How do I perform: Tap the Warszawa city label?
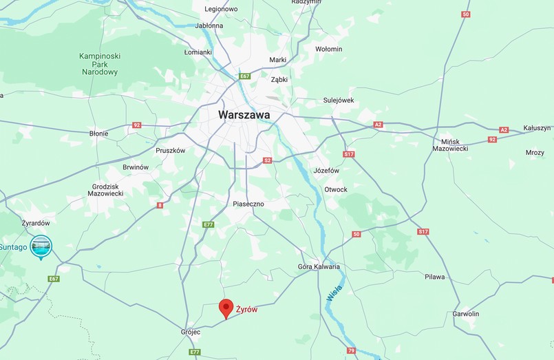[244, 115]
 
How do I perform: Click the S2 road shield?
[268, 160]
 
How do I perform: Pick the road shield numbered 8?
[160, 204]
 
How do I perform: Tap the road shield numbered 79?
[351, 351]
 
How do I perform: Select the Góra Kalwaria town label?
[319, 266]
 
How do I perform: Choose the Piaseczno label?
[248, 204]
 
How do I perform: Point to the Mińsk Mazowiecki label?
[450, 144]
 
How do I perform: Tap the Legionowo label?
[221, 9]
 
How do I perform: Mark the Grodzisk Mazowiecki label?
[107, 190]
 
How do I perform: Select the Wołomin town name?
[328, 49]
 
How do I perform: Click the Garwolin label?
[465, 314]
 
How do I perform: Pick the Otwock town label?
[336, 189]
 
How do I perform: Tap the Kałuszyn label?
[537, 128]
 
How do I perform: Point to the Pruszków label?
[171, 150]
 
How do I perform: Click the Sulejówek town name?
[338, 100]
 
